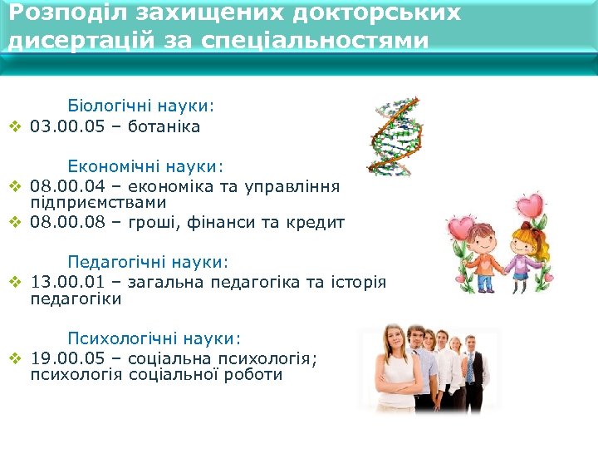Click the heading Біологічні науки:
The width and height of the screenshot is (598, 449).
coord(140,106)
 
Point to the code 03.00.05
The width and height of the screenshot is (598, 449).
coord(62,127)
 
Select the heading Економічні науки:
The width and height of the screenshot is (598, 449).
coord(145,167)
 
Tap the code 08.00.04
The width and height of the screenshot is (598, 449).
coord(62,185)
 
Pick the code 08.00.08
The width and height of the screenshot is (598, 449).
coord(62,222)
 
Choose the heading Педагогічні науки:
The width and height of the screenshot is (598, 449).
coord(148,262)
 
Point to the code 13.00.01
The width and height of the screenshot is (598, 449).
coord(62,282)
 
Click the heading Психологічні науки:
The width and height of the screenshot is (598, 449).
coord(154,338)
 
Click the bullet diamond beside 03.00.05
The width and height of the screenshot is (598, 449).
coord(14,128)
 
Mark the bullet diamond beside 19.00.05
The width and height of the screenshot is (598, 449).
coord(14,358)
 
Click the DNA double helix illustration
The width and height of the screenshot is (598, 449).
coord(395,135)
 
